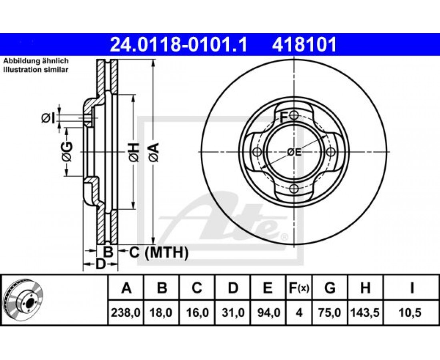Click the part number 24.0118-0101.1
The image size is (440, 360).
[178, 45]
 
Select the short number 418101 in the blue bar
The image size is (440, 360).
[304, 45]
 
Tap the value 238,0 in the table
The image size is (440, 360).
[126, 312]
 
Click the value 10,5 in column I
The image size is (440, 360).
[411, 312]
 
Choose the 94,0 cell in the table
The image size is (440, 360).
[268, 312]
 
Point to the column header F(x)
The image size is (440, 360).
[299, 288]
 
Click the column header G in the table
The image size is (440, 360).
[330, 288]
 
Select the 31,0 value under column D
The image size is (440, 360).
[233, 312]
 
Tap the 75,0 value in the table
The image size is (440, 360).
[330, 312]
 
